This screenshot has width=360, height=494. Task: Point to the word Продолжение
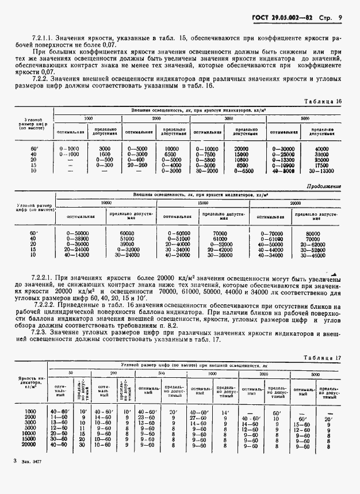coord(324,186)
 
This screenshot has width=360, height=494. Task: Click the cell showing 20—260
coord(137,165)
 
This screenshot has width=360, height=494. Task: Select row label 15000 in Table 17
coord(30,439)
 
